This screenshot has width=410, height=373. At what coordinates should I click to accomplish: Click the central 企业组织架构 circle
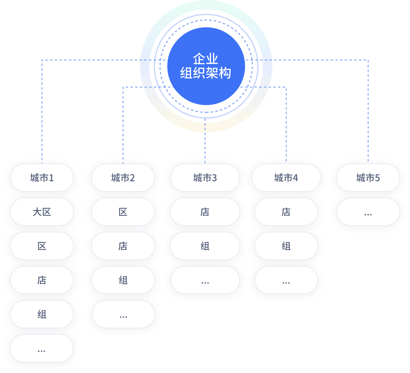click(x=206, y=66)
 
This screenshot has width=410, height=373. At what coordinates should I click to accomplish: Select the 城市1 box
click(x=42, y=178)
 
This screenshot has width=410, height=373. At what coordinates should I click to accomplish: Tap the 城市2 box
click(x=123, y=178)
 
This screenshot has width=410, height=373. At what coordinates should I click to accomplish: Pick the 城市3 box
click(x=205, y=178)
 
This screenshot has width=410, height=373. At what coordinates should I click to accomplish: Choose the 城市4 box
click(x=286, y=178)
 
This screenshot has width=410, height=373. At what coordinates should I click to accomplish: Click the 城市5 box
click(x=368, y=178)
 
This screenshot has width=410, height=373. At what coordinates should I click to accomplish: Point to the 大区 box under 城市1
click(x=42, y=212)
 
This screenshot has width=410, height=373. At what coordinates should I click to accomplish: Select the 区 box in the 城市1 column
click(x=42, y=246)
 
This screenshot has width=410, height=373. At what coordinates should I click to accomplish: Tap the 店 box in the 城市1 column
click(x=42, y=280)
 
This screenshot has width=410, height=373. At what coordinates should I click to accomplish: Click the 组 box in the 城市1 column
click(x=42, y=314)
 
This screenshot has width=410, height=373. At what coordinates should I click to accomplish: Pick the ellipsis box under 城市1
click(x=41, y=348)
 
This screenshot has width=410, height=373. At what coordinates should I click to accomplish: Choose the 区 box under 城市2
click(x=123, y=212)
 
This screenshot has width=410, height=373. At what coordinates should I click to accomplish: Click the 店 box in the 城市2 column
click(x=123, y=246)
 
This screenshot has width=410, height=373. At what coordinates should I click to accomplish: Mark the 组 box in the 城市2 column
click(x=123, y=280)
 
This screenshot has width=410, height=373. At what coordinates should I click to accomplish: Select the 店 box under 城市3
click(x=205, y=212)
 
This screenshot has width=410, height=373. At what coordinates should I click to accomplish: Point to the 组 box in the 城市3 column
click(x=205, y=246)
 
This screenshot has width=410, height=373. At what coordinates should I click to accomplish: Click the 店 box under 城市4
click(x=286, y=212)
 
